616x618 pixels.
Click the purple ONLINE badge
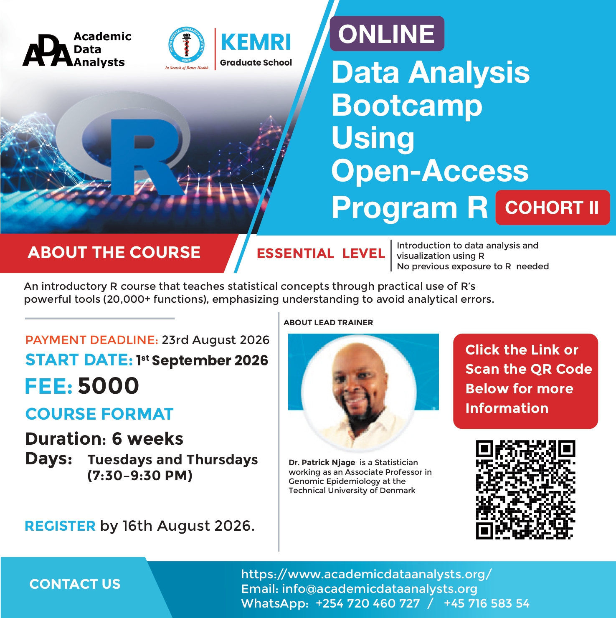point(387,34)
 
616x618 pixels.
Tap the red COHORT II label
point(553,208)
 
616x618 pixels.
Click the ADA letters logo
point(47,51)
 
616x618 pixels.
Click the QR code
point(525,490)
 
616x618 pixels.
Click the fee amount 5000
point(109,385)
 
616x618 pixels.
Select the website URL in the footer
point(367,574)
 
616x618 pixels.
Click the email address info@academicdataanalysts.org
point(380,589)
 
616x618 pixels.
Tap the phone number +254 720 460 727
point(368,603)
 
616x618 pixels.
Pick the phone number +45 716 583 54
point(487,603)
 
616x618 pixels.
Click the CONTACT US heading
point(75,584)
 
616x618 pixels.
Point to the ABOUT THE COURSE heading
point(114,253)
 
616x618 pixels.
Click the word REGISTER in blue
point(60,526)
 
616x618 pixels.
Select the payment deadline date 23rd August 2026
point(215,340)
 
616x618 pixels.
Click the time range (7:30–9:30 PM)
point(140,476)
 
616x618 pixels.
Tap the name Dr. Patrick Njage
point(322,462)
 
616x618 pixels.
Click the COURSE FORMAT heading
point(99,414)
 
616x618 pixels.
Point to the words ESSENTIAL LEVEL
point(321,253)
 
